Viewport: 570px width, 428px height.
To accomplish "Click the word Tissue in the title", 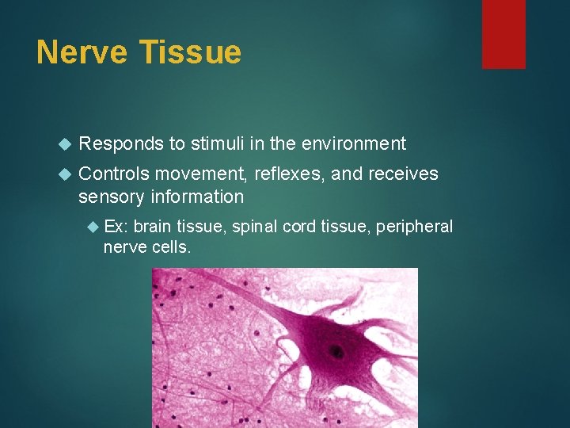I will tap(190, 52).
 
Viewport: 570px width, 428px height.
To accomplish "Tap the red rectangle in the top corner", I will tap(503, 33).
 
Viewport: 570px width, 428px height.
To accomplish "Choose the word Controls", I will tap(116, 174).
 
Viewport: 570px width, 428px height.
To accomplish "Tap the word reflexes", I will tap(289, 174).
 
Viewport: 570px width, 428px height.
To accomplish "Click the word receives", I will tap(402, 174).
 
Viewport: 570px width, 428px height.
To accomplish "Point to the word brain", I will tap(153, 227).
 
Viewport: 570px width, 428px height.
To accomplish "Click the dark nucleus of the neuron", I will tap(338, 351).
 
